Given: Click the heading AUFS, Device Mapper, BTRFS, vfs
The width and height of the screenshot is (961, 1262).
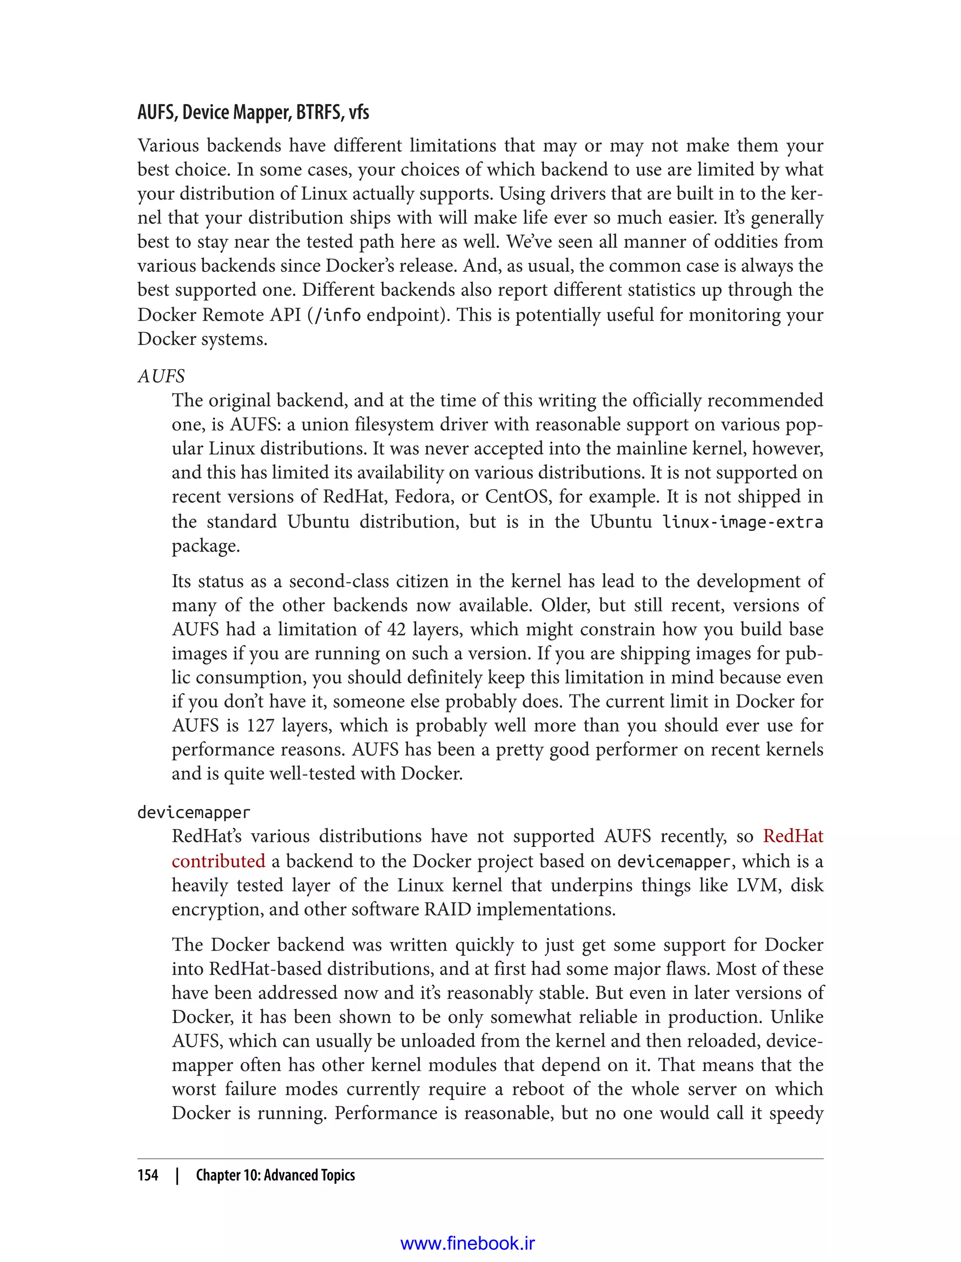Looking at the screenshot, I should point(253,113).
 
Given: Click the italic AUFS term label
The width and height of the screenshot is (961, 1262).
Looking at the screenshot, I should point(161,377).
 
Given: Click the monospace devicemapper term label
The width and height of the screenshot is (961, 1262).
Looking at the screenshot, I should point(193,813).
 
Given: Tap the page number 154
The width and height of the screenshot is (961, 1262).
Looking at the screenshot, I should point(148,1175).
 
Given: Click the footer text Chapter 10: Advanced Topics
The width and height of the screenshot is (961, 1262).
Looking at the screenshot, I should point(275,1175).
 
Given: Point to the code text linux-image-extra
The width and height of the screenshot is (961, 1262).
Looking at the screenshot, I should point(742,522).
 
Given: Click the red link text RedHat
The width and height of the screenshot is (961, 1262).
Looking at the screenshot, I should point(793,837).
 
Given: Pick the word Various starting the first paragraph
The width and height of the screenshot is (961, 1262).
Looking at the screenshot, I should point(167,146).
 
